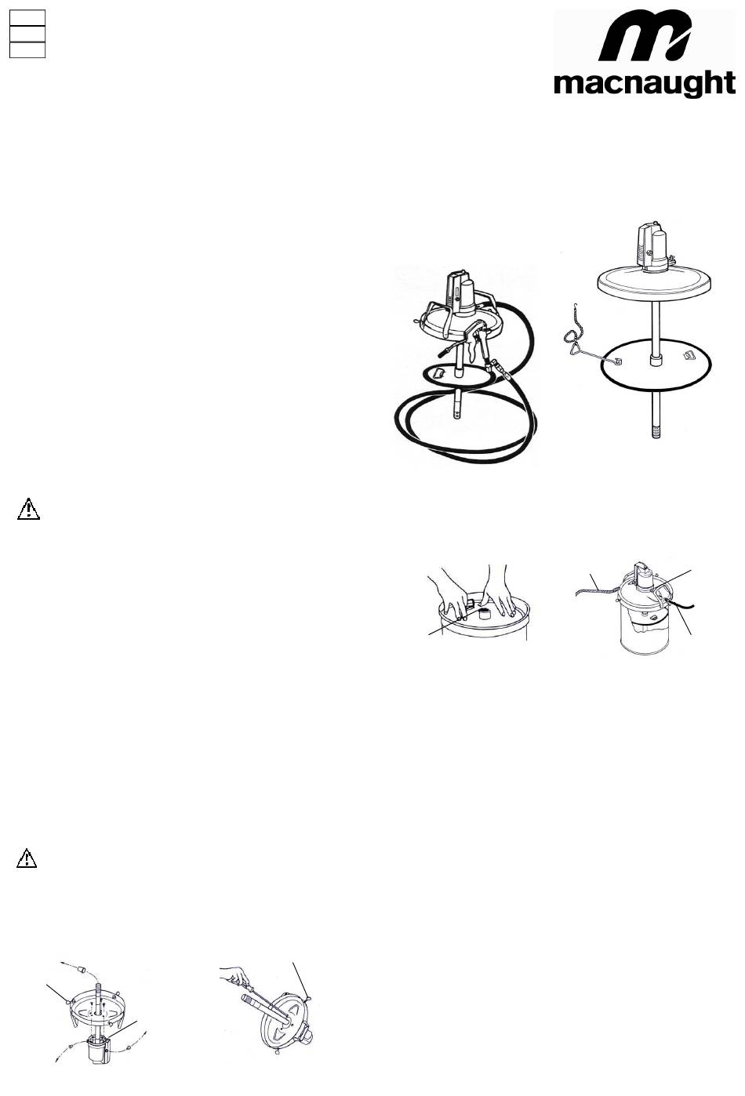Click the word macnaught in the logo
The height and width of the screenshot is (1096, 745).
pos(644,84)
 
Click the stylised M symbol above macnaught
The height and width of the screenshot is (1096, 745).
pos(645,36)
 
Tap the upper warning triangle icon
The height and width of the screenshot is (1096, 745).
pos(28,509)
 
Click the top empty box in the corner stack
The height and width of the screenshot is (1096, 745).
pos(27,18)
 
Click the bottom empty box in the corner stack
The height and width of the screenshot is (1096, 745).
pos(27,50)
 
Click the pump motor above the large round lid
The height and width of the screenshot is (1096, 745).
pos(653,247)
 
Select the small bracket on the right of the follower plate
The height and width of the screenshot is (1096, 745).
pos(689,356)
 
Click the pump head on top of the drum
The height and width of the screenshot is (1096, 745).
pos(640,572)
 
